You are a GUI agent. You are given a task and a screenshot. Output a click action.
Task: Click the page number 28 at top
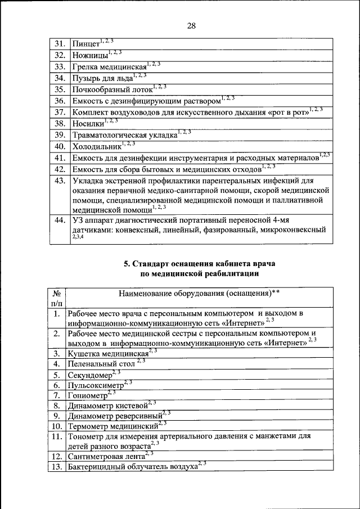pyautogui.click(x=191, y=26)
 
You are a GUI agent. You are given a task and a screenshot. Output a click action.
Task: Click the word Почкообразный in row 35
pyautogui.click(x=100, y=89)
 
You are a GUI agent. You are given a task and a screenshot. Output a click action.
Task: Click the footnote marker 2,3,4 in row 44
pyautogui.click(x=78, y=238)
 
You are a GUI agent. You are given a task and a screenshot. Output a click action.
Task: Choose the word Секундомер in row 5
pyautogui.click(x=89, y=375)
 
